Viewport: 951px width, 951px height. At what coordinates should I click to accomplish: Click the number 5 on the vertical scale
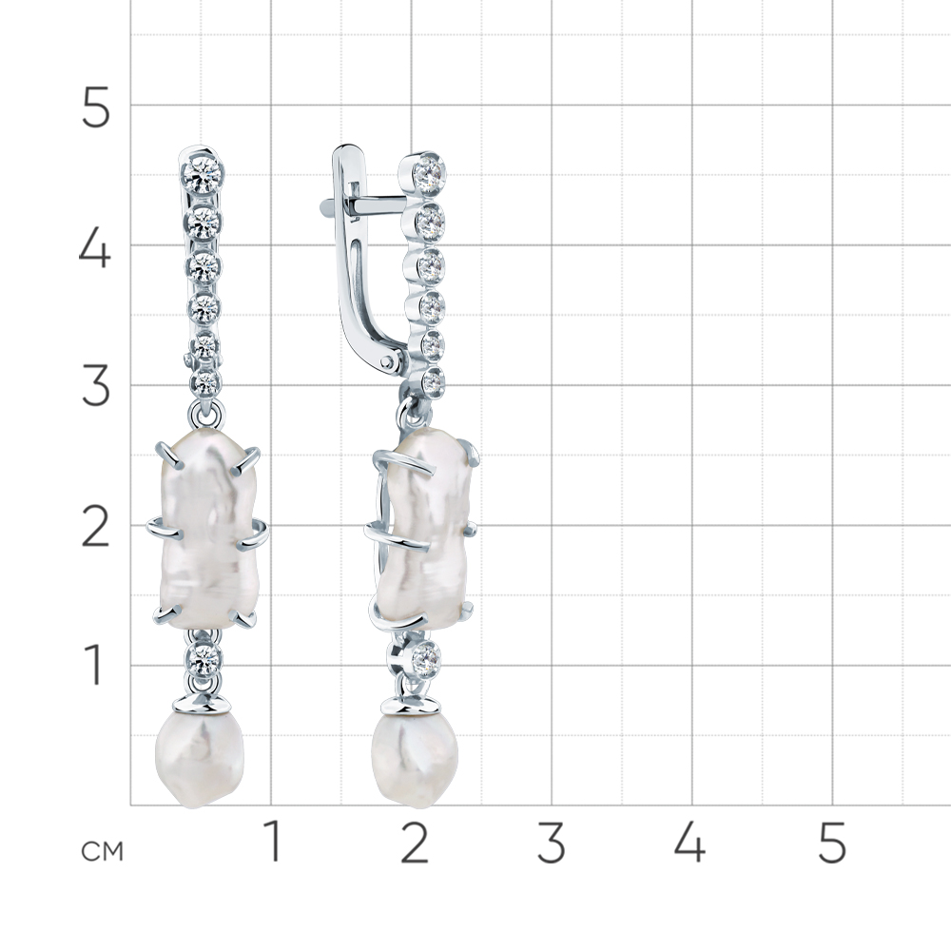point(95,107)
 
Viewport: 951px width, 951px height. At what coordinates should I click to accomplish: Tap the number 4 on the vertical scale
point(94,247)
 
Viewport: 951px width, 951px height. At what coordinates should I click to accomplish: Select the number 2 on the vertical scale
point(95,527)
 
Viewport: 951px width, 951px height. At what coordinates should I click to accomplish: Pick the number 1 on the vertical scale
point(93,666)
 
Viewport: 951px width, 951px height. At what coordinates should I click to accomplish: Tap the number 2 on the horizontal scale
point(415,842)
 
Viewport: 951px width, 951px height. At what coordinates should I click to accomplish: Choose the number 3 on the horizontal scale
point(552,842)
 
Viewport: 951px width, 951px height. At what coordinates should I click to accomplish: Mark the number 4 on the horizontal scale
point(690,842)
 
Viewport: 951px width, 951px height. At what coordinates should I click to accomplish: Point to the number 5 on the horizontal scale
point(831,842)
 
